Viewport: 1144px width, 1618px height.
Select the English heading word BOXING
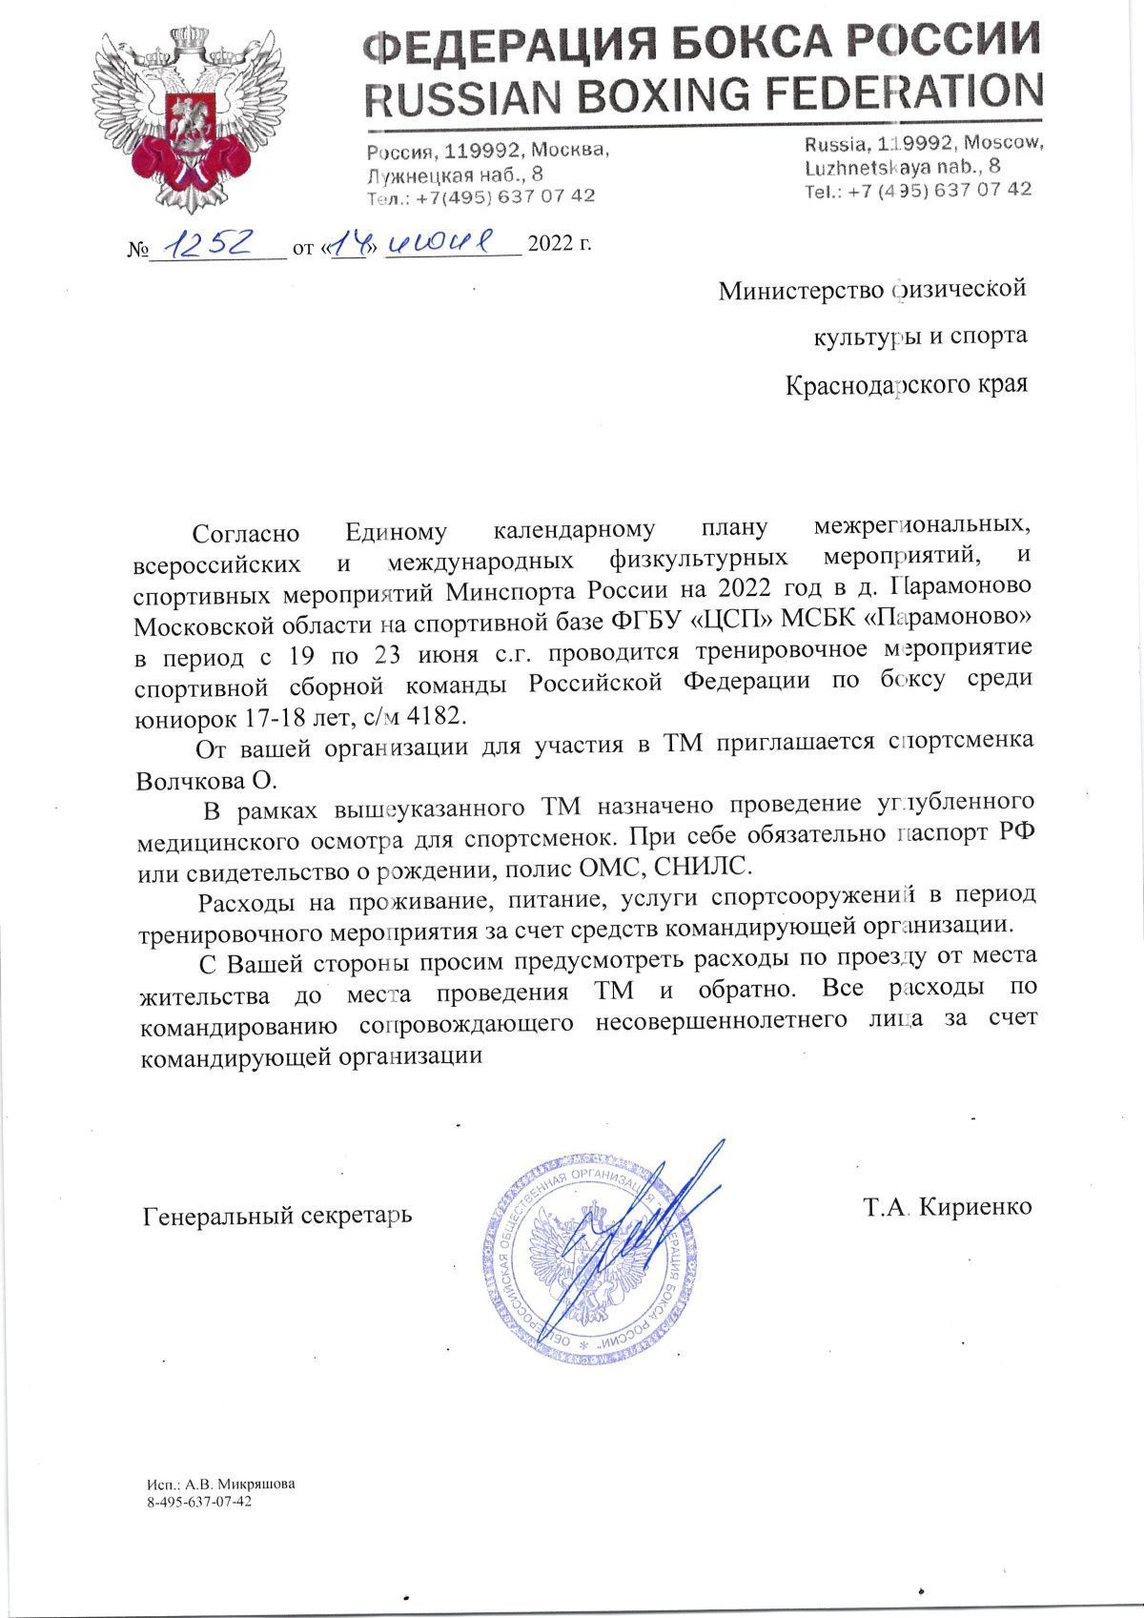(674, 92)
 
